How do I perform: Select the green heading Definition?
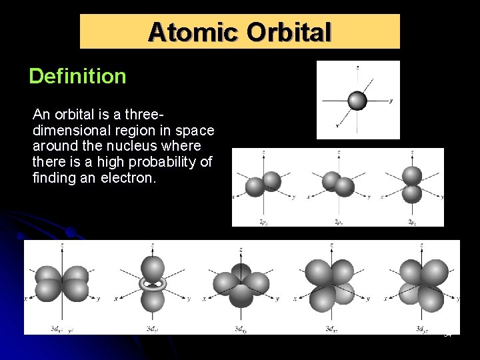(x=77, y=76)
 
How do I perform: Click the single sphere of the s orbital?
(x=358, y=100)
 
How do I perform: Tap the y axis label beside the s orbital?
(x=391, y=101)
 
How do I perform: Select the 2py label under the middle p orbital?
(x=339, y=221)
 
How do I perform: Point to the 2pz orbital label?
(x=413, y=221)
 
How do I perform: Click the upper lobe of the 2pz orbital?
(x=413, y=175)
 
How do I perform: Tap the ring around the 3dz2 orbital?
(x=153, y=283)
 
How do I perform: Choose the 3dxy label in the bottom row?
(x=241, y=329)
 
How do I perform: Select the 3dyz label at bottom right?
(x=421, y=329)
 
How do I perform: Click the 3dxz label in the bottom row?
(x=331, y=329)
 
